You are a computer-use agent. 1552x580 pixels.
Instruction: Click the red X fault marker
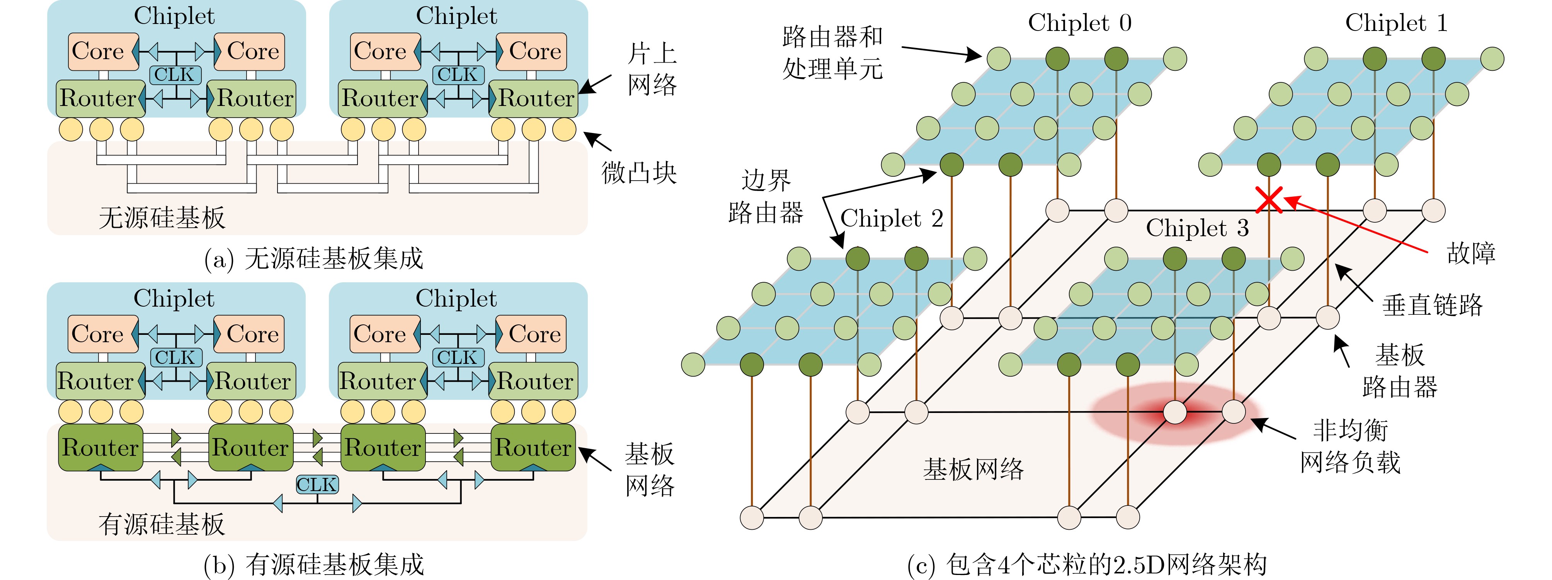pyautogui.click(x=1269, y=200)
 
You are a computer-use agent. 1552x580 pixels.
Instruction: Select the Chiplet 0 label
pyautogui.click(x=1080, y=23)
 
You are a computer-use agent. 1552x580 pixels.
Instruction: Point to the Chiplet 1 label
pyautogui.click(x=1396, y=23)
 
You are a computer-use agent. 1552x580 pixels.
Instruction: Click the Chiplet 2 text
pyautogui.click(x=891, y=218)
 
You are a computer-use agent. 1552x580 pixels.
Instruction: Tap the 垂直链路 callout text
pyautogui.click(x=1432, y=305)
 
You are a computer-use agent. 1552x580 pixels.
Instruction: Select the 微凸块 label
pyautogui.click(x=639, y=173)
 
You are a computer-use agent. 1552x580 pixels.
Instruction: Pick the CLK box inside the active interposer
pyautogui.click(x=317, y=484)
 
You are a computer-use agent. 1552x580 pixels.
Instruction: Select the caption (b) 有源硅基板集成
pyautogui.click(x=314, y=565)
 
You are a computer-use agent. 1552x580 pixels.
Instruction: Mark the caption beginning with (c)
pyautogui.click(x=1086, y=565)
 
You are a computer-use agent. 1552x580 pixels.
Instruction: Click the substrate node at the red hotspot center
pyautogui.click(x=1174, y=413)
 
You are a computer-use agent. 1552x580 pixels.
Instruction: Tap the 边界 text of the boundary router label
pyautogui.click(x=765, y=180)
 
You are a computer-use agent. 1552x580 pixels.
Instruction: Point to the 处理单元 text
pyautogui.click(x=833, y=69)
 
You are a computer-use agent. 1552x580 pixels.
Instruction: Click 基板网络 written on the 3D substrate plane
pyautogui.click(x=973, y=469)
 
